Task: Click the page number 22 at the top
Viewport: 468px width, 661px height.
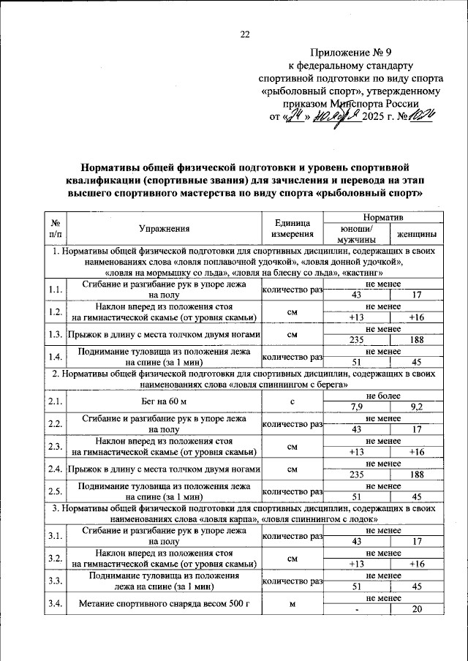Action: (x=245, y=34)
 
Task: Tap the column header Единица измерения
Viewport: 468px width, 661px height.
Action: (x=292, y=229)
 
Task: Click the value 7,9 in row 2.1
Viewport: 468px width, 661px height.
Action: (x=356, y=406)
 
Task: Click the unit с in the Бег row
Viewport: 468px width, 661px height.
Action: (x=292, y=401)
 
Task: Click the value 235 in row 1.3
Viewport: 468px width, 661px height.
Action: (x=356, y=340)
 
